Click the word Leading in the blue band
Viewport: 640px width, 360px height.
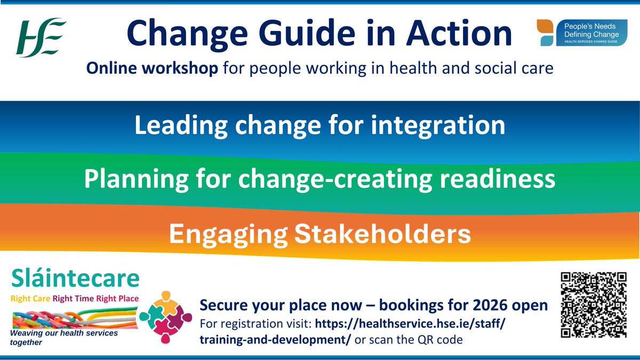[x=179, y=126]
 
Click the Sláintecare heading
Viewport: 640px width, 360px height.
[x=75, y=279]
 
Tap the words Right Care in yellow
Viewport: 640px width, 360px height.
[x=30, y=299]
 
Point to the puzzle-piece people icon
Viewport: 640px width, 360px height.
[x=165, y=318]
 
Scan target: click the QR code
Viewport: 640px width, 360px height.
[x=593, y=305]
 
